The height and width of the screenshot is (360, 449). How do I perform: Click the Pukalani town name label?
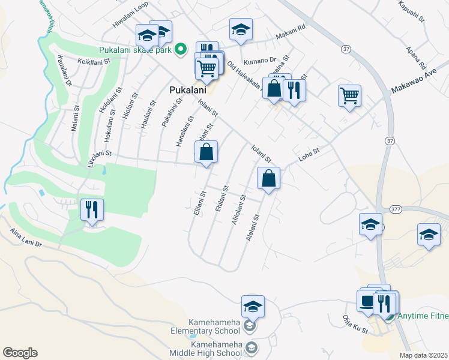click(x=184, y=91)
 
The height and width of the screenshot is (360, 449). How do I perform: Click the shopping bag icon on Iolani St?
click(x=268, y=178)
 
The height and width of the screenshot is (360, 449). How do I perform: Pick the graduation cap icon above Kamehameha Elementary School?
click(x=253, y=307)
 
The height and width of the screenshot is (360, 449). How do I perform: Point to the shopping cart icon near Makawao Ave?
click(x=349, y=95)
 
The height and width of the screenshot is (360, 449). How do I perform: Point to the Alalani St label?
click(x=253, y=228)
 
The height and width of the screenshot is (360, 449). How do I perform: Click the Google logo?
click(x=20, y=352)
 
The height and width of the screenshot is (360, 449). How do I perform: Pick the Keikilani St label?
click(x=94, y=61)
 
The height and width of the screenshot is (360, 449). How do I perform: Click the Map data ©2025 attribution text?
click(x=424, y=355)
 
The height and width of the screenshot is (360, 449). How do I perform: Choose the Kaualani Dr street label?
click(x=64, y=71)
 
